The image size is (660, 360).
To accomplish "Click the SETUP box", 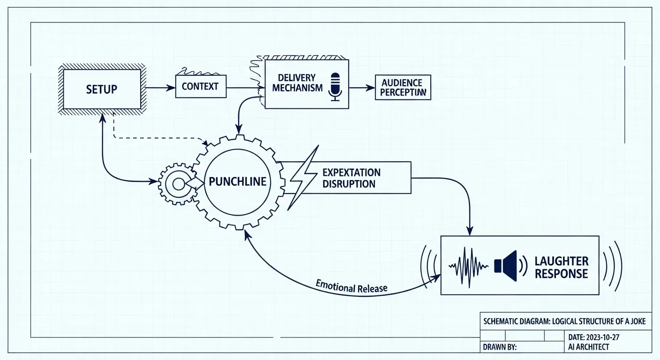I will pos(101,89).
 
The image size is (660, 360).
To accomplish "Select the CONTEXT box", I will pos(200,87).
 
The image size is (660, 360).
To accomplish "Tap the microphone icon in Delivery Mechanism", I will pos(335,86).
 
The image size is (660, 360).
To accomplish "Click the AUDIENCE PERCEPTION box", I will pos(403,87).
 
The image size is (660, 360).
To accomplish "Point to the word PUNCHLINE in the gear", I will pos(238,181).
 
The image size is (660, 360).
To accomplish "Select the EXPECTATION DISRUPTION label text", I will pos(351,178).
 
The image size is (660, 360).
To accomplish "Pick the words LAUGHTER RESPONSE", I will pos(561,267).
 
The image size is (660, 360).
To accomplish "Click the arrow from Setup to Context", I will pos(159,87).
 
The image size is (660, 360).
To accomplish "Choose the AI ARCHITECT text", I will pos(588,347).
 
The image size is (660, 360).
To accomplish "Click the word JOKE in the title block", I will pos(636,322).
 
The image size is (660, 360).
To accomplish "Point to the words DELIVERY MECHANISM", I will pos(297,82).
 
